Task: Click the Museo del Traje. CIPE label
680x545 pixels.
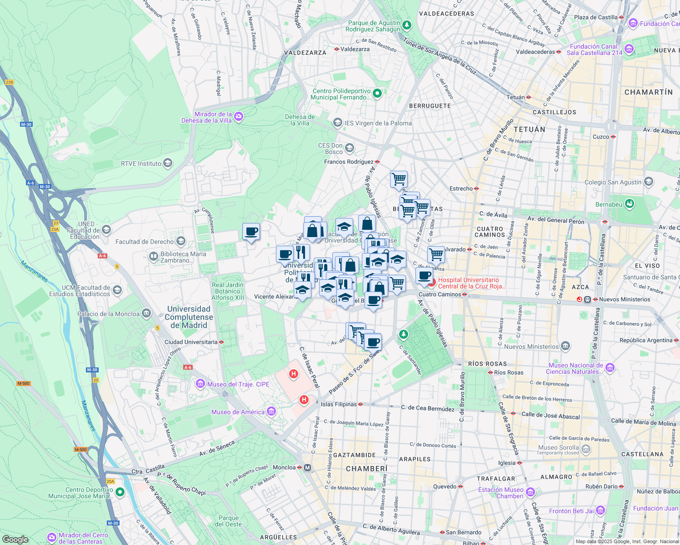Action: [238, 384]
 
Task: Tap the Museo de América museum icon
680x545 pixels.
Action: [271, 412]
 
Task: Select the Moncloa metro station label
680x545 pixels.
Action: [284, 467]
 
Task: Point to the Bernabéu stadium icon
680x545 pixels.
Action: [630, 204]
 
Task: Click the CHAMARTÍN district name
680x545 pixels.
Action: [648, 92]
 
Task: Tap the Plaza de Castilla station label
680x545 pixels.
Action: [595, 17]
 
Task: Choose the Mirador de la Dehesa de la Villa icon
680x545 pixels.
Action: [239, 117]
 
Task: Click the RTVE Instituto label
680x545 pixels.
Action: [141, 163]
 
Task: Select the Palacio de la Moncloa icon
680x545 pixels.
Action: [146, 313]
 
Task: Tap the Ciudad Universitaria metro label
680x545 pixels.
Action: [191, 342]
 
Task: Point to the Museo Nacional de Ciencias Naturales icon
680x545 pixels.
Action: [610, 367]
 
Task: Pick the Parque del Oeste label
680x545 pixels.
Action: [228, 521]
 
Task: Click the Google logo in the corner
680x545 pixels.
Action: [15, 539]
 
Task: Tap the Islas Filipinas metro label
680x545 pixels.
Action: [339, 404]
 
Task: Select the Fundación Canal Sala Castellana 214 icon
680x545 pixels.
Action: [629, 49]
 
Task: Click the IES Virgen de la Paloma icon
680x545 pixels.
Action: [338, 123]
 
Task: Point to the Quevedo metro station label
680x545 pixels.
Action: [445, 486]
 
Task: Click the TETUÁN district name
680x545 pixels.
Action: [529, 129]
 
